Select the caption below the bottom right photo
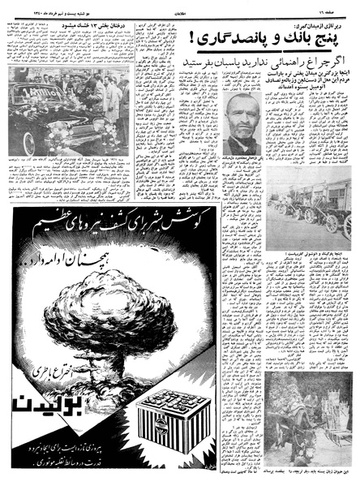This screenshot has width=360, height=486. (309, 477)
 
